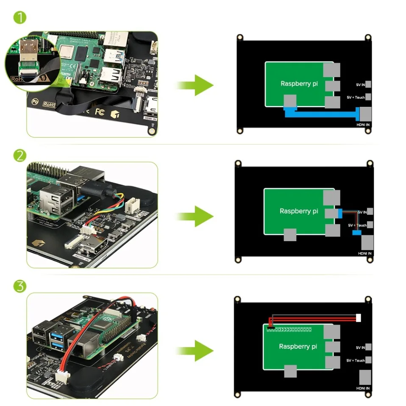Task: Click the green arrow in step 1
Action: click(x=195, y=85)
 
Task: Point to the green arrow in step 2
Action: click(x=195, y=216)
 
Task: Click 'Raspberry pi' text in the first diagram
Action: click(x=299, y=83)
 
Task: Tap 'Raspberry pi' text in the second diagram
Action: click(x=298, y=211)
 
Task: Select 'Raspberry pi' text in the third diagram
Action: click(x=298, y=346)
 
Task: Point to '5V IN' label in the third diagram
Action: click(x=360, y=348)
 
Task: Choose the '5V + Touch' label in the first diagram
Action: click(x=356, y=97)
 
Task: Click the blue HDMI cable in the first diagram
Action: click(x=322, y=113)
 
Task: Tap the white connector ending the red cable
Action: click(x=359, y=317)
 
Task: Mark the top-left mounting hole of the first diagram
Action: click(x=240, y=37)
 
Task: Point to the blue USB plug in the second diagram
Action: click(x=339, y=213)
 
